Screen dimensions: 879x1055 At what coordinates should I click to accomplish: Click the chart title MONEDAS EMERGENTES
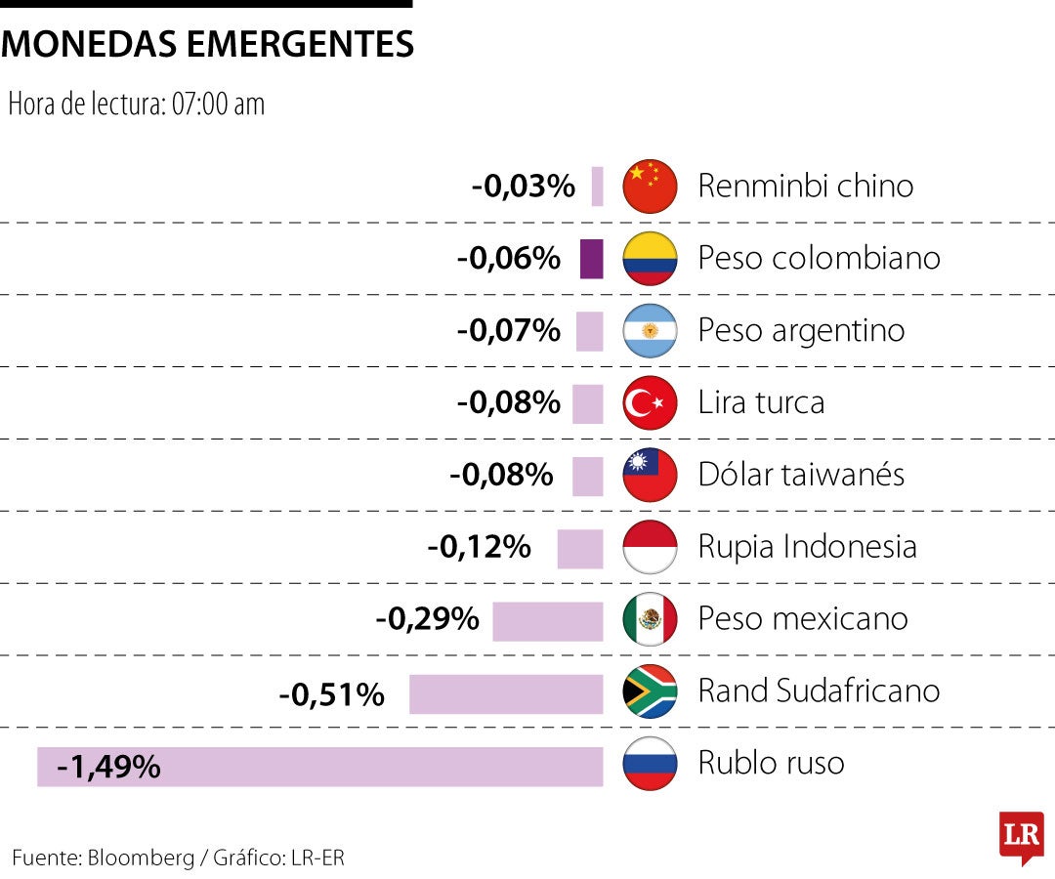tap(207, 44)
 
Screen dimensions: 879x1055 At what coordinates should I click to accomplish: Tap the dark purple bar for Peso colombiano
tap(591, 259)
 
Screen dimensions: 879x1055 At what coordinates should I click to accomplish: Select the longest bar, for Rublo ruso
tap(320, 767)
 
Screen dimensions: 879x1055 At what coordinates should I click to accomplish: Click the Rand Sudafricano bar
tap(506, 694)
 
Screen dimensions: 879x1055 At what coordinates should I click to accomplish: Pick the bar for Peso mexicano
tap(547, 622)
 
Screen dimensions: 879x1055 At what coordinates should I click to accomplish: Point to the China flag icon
tap(650, 186)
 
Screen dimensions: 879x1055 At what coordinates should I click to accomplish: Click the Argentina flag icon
tap(650, 330)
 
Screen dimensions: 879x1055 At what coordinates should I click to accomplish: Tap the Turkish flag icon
tap(650, 402)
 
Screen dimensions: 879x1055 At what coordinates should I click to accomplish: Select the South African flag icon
tap(650, 691)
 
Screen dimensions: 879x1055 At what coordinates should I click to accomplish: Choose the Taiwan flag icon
tap(650, 475)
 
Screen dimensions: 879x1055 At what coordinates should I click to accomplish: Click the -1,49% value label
tap(108, 767)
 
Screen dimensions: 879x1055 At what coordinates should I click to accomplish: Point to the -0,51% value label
tap(331, 694)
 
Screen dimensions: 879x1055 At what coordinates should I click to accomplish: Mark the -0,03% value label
tap(524, 186)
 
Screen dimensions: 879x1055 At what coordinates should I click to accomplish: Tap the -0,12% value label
tap(479, 547)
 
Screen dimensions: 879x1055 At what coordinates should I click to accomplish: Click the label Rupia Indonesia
tap(807, 547)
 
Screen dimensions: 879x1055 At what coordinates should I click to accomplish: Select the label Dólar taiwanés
tap(801, 475)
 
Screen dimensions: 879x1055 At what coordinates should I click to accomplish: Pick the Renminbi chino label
tap(805, 186)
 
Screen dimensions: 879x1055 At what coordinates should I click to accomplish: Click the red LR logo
tap(1021, 837)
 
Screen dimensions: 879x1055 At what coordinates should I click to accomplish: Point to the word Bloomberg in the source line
tap(141, 858)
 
